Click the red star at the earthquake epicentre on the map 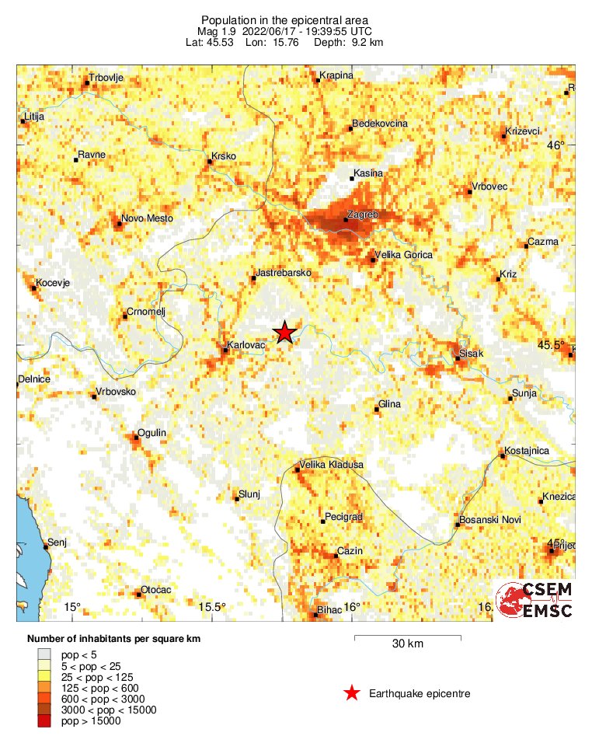click(x=285, y=332)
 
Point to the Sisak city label click(x=472, y=354)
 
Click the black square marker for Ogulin click(x=136, y=438)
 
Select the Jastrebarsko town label click(x=284, y=274)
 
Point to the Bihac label click(x=329, y=610)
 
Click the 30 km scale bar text click(x=407, y=644)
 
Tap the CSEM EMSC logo click(x=535, y=601)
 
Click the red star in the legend click(x=352, y=693)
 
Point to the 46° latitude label click(x=555, y=145)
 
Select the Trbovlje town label click(x=107, y=78)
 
